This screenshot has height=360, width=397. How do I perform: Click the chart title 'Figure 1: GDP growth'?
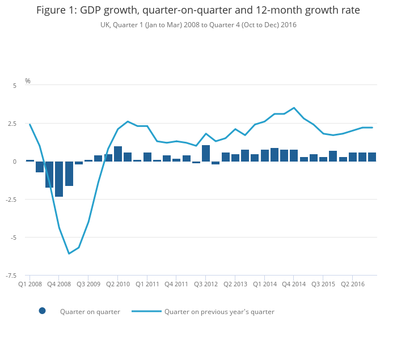198,10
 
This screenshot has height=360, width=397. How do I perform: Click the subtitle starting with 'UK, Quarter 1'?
198,25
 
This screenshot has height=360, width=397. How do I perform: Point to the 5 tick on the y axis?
15,85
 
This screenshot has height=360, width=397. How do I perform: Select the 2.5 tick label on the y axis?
12,123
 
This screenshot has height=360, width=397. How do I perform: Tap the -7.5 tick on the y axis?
11,276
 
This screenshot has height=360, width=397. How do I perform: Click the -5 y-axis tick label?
14,238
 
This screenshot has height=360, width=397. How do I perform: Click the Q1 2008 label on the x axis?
30,284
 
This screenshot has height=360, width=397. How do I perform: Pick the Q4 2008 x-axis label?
59,284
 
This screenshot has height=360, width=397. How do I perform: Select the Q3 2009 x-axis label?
88,284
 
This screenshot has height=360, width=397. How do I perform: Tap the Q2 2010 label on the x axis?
118,284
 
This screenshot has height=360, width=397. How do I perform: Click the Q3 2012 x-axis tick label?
206,284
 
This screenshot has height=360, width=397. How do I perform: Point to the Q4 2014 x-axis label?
294,284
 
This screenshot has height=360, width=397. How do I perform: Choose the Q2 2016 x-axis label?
352,284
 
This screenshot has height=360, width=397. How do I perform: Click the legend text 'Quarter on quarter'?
90,311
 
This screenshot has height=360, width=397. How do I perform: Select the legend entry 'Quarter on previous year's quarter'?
219,311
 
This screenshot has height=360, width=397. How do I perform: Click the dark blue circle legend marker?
42,311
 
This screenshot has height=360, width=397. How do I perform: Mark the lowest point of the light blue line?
69,253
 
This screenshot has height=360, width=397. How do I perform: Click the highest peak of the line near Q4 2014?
294,108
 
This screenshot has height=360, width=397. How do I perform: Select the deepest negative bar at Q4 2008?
59,181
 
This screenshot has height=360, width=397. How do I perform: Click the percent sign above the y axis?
28,81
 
